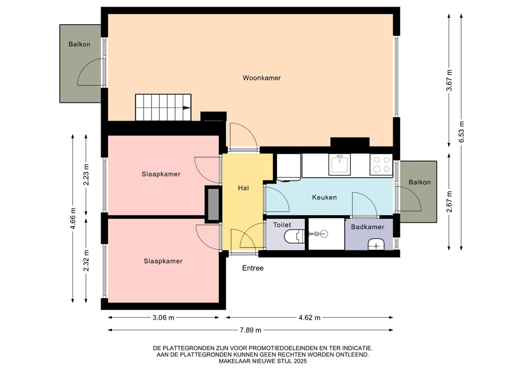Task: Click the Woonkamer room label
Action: (x=261, y=78)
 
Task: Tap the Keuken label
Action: (x=324, y=197)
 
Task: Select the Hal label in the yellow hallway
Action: (x=243, y=188)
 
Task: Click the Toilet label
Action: (x=282, y=225)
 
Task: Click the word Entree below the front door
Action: (x=253, y=268)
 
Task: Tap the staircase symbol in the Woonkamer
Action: (x=163, y=107)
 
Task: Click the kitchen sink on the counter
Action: (x=340, y=165)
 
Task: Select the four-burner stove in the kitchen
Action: (x=381, y=165)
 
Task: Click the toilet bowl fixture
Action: (x=295, y=237)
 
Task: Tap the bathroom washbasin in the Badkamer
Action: (x=376, y=245)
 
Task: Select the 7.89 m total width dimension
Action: (x=251, y=330)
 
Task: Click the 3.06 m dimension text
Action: (x=164, y=317)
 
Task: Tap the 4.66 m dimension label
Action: (x=73, y=218)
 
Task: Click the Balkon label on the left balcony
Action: (x=79, y=44)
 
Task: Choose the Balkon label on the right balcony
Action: (x=420, y=182)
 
